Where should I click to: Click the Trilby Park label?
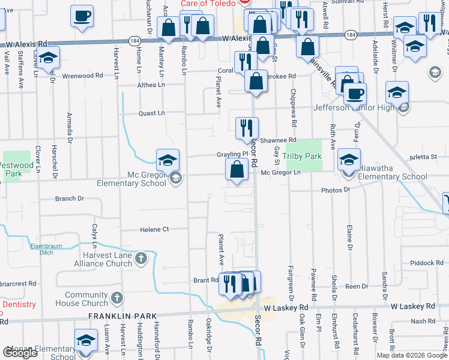302,157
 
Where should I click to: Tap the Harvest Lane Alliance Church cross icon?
141,259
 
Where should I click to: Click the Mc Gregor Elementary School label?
130,178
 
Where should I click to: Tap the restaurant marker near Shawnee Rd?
247,129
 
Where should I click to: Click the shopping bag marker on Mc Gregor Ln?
237,170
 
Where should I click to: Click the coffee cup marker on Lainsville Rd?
355,94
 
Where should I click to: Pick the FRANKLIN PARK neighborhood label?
122,316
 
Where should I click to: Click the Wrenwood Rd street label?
82,76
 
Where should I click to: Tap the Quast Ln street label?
151,113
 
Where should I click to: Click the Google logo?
20,353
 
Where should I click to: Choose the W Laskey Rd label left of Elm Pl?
285,307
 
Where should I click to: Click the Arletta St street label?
424,157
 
